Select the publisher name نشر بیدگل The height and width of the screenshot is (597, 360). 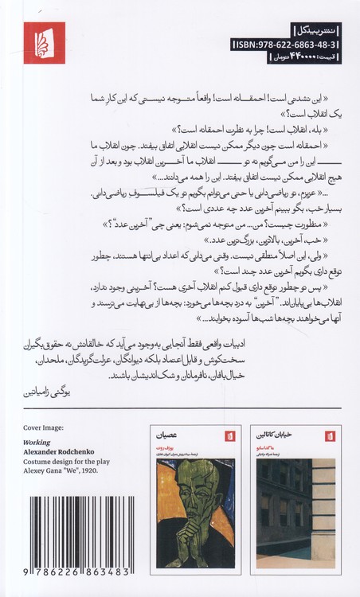(x=315, y=32)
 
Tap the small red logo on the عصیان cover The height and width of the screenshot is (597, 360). (x=170, y=439)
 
